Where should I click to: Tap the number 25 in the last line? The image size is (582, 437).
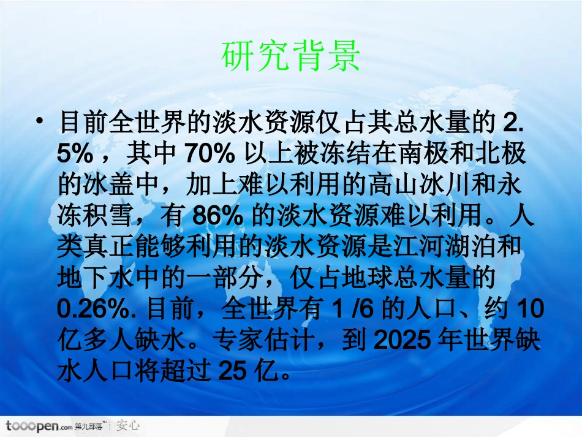236,370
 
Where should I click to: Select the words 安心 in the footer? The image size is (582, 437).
128,425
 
